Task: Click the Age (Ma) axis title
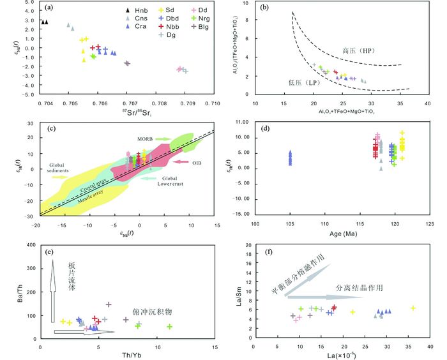point(344,233)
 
